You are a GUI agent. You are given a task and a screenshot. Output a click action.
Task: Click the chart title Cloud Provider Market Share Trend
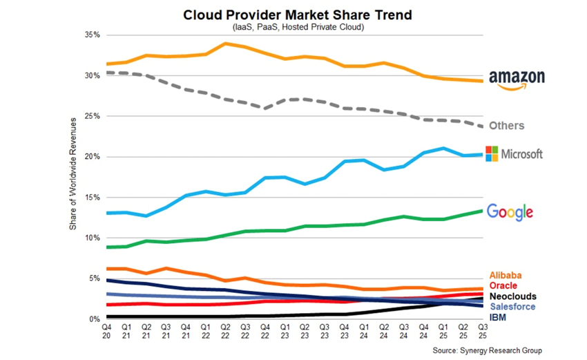click(x=292, y=15)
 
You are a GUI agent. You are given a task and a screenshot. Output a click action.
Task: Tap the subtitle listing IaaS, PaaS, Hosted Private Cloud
click(x=292, y=27)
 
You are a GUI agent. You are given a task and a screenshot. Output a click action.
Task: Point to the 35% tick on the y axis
click(x=93, y=35)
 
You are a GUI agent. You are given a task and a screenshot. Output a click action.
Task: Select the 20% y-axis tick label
click(x=93, y=157)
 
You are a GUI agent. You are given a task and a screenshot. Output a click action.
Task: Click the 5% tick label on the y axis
click(x=95, y=278)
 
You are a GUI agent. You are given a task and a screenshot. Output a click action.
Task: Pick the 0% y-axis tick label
click(x=95, y=319)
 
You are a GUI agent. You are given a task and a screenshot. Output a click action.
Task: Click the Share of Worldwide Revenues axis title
click(x=75, y=176)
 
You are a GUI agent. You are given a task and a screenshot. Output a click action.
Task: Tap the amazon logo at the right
click(x=517, y=80)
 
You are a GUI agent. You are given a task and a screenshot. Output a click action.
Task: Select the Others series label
click(x=506, y=126)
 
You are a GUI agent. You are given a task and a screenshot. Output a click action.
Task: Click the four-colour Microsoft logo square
click(x=493, y=153)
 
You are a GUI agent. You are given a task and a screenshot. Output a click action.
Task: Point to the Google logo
click(x=510, y=211)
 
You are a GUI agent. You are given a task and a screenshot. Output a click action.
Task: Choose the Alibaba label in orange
click(x=506, y=275)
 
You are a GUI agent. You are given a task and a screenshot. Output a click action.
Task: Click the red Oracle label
click(x=505, y=285)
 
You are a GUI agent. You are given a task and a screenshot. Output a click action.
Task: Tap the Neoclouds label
click(x=512, y=296)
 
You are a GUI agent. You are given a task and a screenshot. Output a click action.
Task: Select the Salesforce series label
click(x=512, y=306)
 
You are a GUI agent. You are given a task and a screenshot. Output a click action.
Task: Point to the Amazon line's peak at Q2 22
click(x=226, y=44)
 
